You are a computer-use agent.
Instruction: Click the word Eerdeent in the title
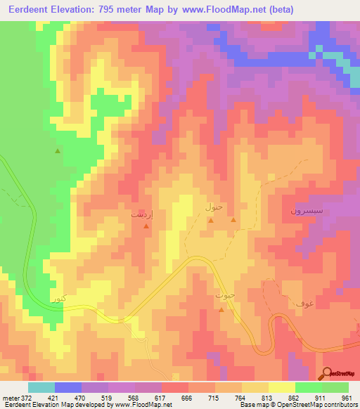pyautogui.click(x=32, y=9)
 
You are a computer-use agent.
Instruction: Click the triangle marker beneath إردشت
pyautogui.click(x=146, y=226)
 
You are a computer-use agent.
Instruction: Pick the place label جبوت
pyautogui.click(x=224, y=297)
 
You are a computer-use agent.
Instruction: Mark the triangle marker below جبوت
pyautogui.click(x=221, y=309)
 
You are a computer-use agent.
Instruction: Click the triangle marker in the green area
pyautogui.click(x=58, y=150)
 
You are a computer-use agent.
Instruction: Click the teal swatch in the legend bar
pyautogui.click(x=41, y=387)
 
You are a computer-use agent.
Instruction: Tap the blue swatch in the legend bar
pyautogui.click(x=68, y=387)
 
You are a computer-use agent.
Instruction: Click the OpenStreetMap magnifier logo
pyautogui.click(x=327, y=372)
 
